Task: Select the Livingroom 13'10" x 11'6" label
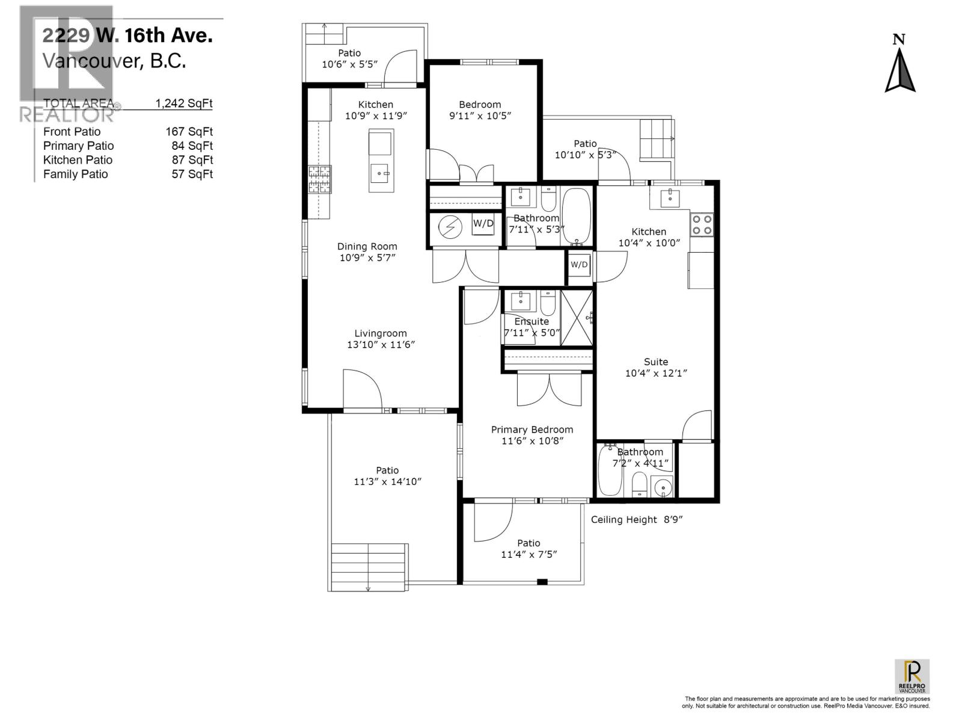coord(381,339)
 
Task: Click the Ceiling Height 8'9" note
coord(637,519)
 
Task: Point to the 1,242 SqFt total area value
coord(183,103)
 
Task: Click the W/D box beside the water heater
coord(483,224)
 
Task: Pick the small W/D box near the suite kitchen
coord(579,265)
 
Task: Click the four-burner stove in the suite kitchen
coord(702,224)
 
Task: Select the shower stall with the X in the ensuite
coord(577,318)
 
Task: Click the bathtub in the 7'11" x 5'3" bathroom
coord(577,217)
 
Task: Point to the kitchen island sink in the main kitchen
coord(381,175)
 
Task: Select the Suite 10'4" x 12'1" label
coord(655,367)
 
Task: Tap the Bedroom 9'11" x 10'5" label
coord(480,110)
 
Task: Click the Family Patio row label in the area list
coord(76,174)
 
